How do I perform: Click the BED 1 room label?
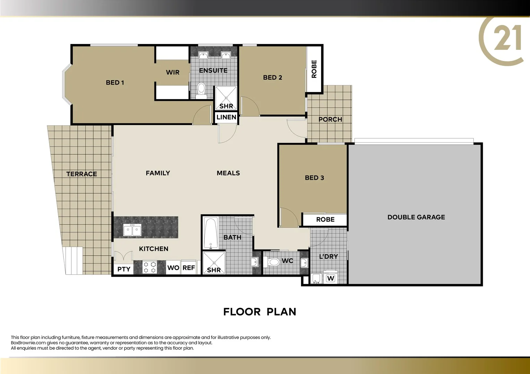(x=115, y=82)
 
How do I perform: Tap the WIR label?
(x=172, y=72)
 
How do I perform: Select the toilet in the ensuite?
(x=201, y=89)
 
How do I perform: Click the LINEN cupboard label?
(x=226, y=117)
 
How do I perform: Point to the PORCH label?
(x=330, y=119)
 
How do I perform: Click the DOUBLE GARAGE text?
(x=416, y=217)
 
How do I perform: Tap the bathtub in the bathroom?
(x=211, y=233)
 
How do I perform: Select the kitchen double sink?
(x=132, y=230)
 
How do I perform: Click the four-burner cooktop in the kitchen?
(x=149, y=267)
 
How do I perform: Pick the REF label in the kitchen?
(x=189, y=268)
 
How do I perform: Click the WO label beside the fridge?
(x=173, y=268)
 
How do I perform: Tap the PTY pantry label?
(x=124, y=269)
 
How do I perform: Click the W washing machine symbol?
(x=331, y=278)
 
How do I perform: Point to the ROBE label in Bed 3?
(x=325, y=220)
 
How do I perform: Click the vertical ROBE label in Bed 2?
(x=314, y=69)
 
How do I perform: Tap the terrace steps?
(x=73, y=260)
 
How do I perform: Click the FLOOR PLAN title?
(x=259, y=312)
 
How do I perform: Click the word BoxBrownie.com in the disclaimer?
(x=28, y=343)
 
